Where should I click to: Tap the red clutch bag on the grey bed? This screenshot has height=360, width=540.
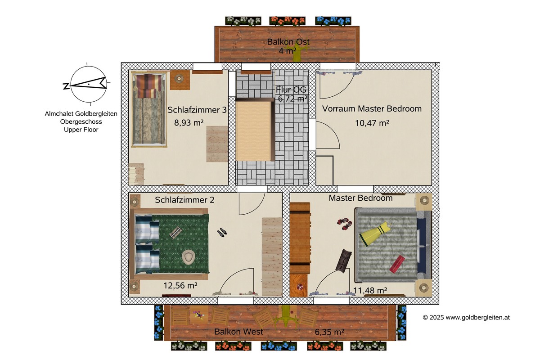click(x=397, y=264)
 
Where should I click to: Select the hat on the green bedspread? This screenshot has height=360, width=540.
click(x=189, y=256)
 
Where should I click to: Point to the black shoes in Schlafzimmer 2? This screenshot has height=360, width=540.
click(x=222, y=232)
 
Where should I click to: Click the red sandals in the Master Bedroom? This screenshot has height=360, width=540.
click(x=345, y=224)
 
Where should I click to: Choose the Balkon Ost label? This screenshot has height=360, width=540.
click(x=288, y=42)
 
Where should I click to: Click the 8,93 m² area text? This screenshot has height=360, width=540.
click(x=189, y=122)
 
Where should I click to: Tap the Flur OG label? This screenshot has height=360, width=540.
click(x=291, y=90)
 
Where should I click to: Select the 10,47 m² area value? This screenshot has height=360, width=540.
click(x=372, y=123)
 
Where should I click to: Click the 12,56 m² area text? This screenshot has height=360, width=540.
click(x=180, y=285)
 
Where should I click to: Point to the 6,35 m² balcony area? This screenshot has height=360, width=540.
click(x=329, y=332)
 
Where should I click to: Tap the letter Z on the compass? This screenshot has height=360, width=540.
click(x=66, y=86)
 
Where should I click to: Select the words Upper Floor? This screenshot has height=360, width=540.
click(x=81, y=130)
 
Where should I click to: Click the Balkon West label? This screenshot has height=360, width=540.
click(x=238, y=332)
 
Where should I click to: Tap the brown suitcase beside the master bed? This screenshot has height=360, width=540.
click(x=343, y=261)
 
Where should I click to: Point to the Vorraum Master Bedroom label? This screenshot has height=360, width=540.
click(x=372, y=108)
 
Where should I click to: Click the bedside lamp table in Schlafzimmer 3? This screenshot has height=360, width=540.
click(x=180, y=80)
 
